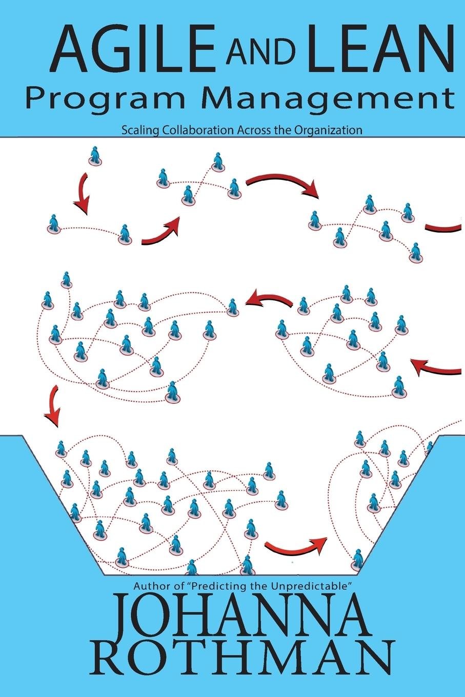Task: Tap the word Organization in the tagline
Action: [328, 130]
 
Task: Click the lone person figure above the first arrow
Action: [94, 155]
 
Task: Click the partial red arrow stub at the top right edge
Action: [444, 228]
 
